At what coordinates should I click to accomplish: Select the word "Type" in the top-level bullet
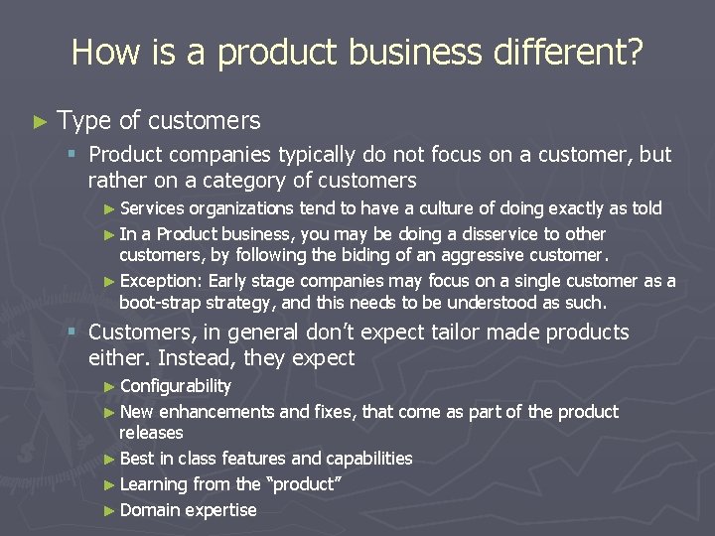pyautogui.click(x=84, y=121)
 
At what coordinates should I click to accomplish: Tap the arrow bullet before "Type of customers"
pyautogui.click(x=40, y=122)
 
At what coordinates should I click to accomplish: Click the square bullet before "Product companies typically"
pyautogui.click(x=72, y=155)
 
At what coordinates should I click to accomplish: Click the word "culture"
pyautogui.click(x=443, y=208)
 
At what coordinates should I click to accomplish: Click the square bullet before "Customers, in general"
pyautogui.click(x=72, y=333)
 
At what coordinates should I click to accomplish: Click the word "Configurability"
pyautogui.click(x=175, y=386)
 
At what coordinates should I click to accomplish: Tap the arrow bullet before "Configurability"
pyautogui.click(x=109, y=386)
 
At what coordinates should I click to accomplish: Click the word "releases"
pyautogui.click(x=151, y=433)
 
